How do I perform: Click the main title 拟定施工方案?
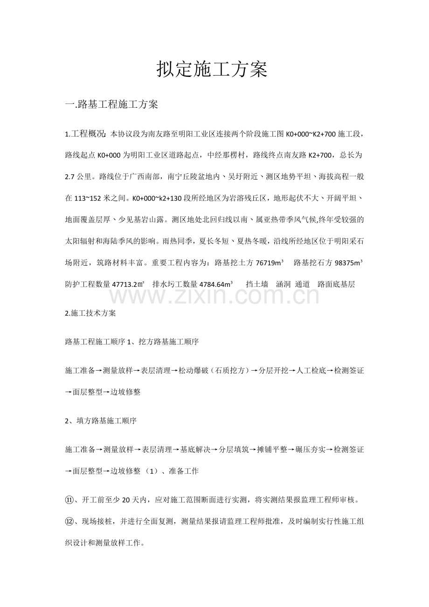[212, 69]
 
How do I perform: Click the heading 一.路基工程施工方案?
[112, 104]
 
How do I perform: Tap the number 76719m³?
[270, 263]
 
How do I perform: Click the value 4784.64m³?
[216, 284]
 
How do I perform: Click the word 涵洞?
[284, 284]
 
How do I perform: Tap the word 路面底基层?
[336, 284]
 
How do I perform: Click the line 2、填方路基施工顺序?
[101, 421]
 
